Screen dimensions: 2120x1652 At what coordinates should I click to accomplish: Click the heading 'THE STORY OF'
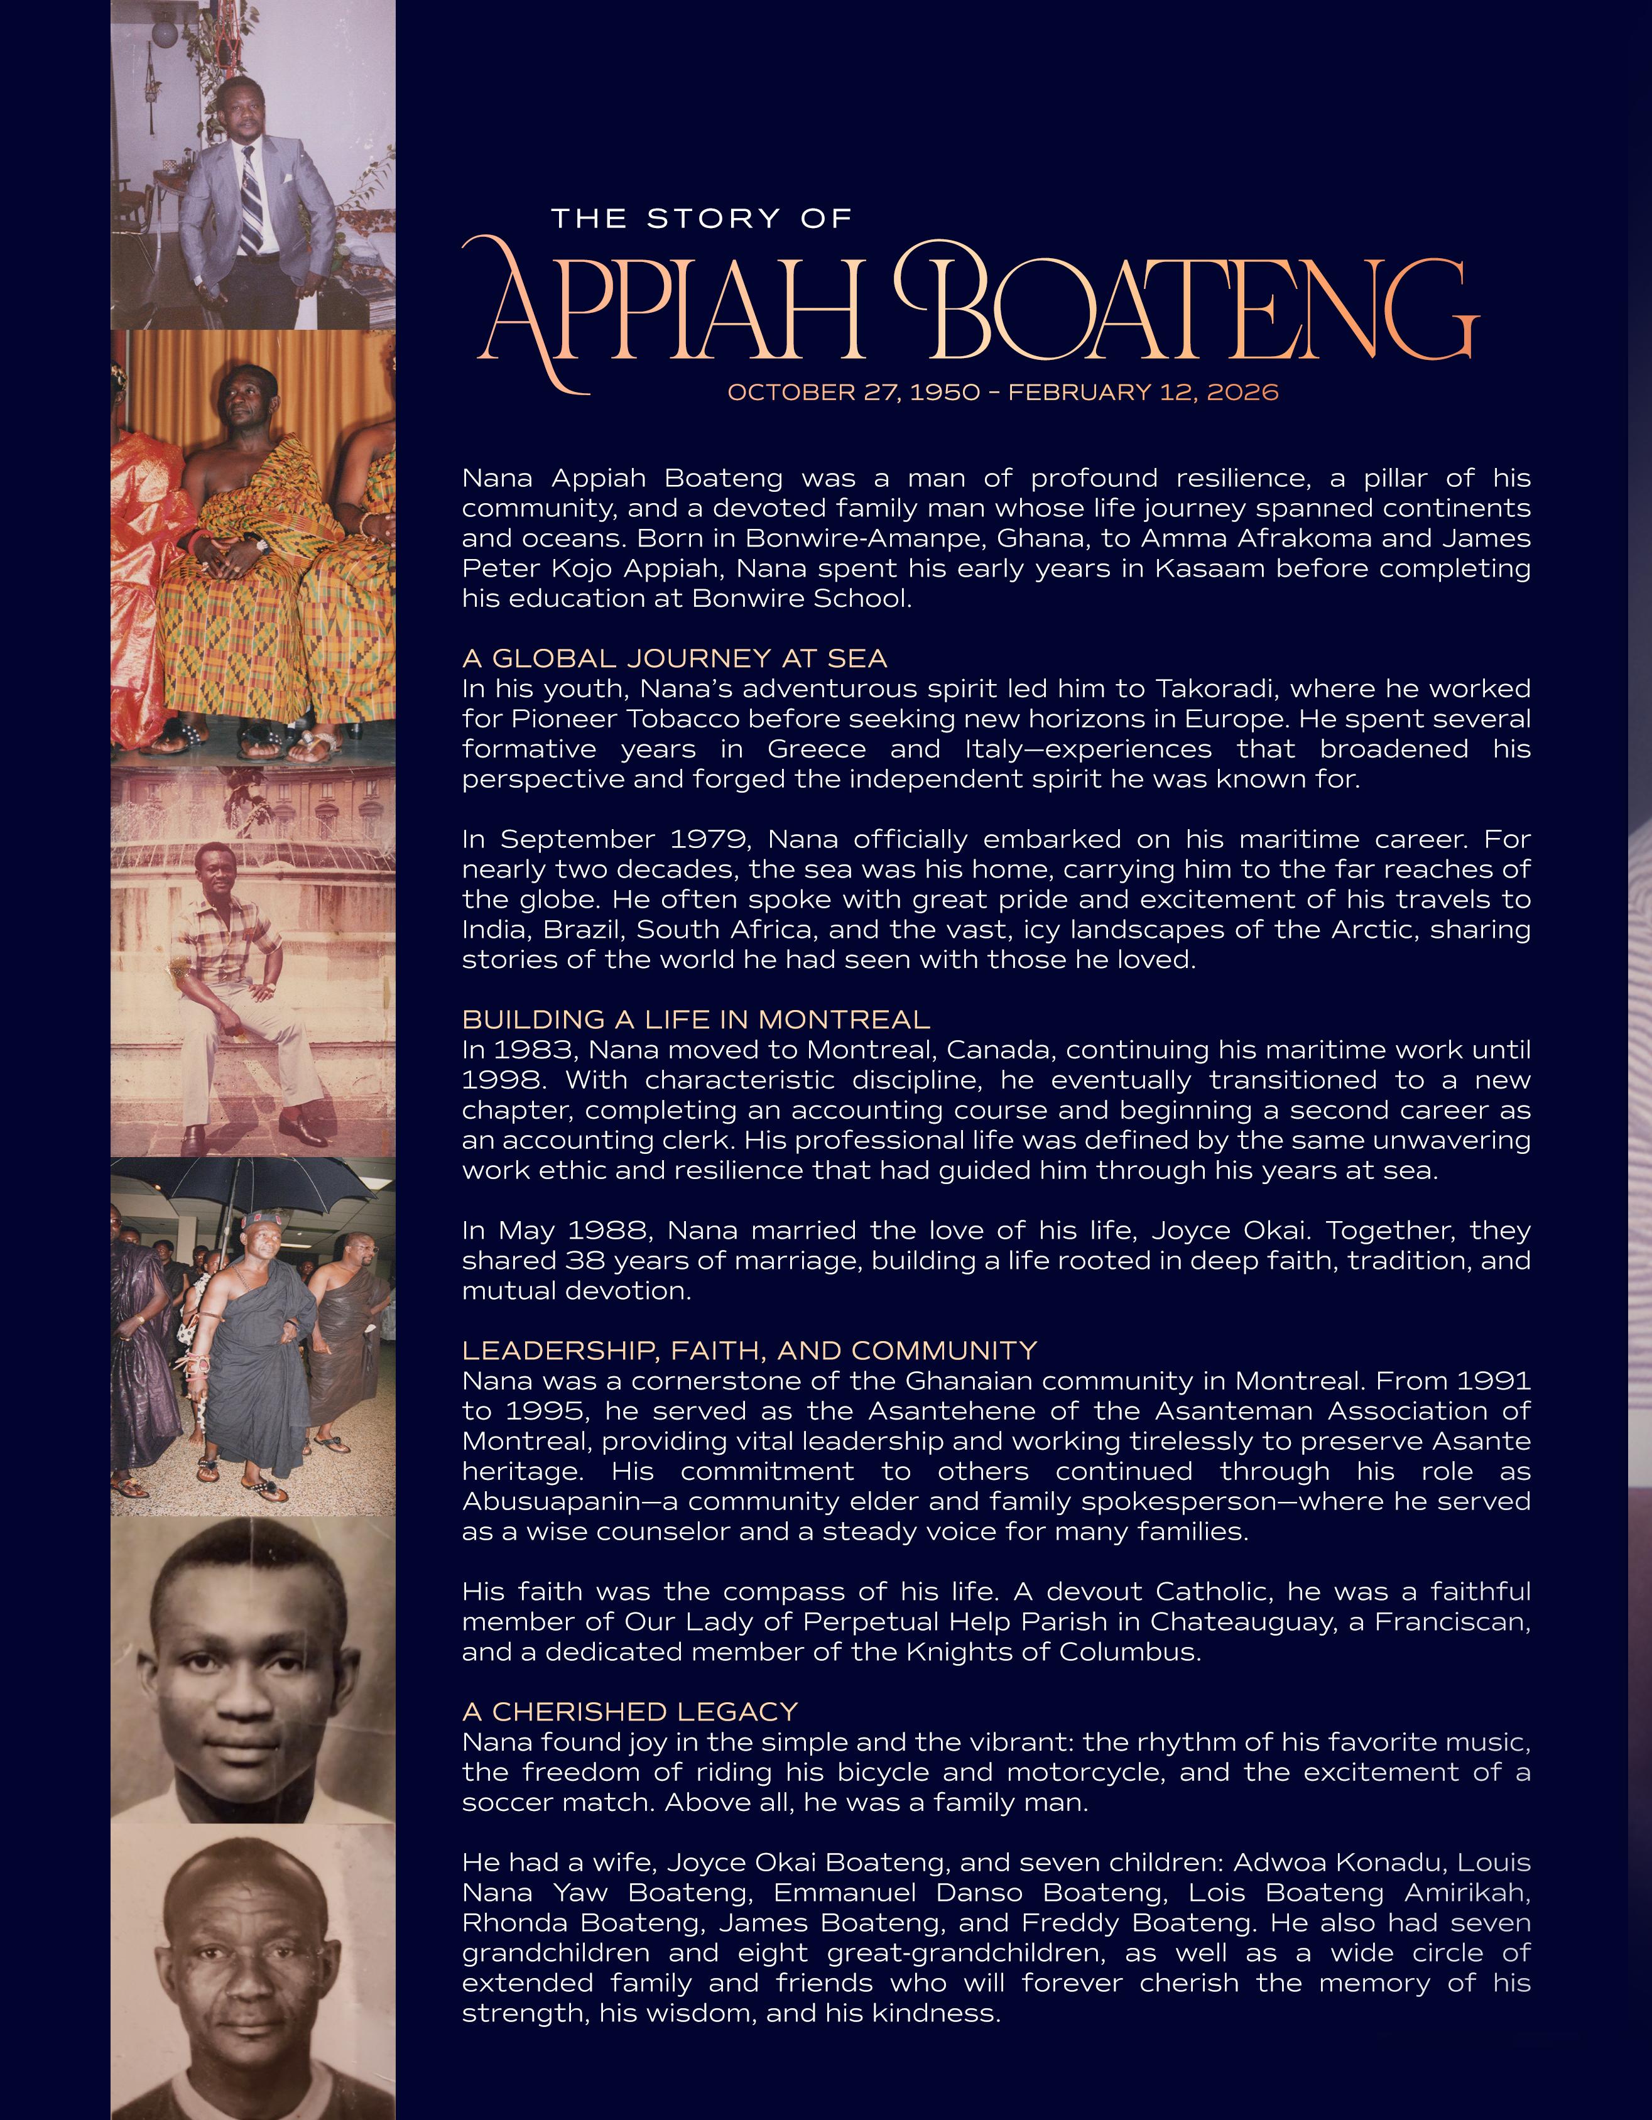pyautogui.click(x=701, y=219)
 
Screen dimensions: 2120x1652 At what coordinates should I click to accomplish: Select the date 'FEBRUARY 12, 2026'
pyautogui.click(x=1143, y=392)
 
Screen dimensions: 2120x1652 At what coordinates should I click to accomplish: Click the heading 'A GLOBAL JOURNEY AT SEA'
pyautogui.click(x=675, y=658)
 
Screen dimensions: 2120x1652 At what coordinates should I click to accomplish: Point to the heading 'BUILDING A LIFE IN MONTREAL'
pyautogui.click(x=696, y=1019)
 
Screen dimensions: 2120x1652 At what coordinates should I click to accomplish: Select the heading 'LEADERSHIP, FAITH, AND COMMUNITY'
pyautogui.click(x=749, y=1351)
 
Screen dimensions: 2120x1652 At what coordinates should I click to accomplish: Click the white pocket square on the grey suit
pyautogui.click(x=286, y=178)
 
